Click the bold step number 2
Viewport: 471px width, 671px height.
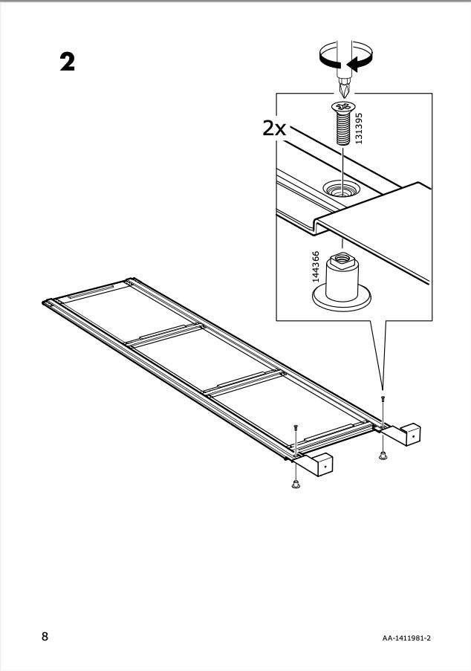coord(67,62)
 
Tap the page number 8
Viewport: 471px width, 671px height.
coord(45,636)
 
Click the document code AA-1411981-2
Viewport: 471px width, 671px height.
coord(406,638)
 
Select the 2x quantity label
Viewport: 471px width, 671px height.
coord(274,128)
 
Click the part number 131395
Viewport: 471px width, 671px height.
coord(359,129)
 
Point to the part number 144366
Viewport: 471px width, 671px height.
coord(316,267)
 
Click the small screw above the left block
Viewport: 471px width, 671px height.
coord(295,427)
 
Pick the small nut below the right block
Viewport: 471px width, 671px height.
coord(383,456)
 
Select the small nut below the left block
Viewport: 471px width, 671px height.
coord(295,484)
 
